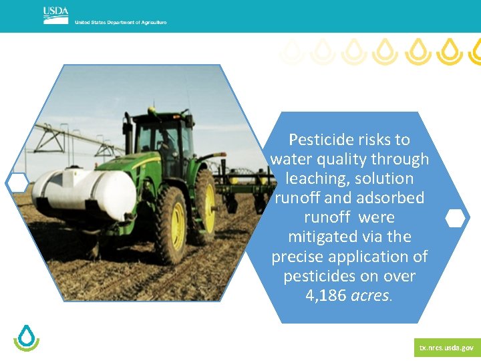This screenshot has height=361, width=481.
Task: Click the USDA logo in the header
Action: (55, 15)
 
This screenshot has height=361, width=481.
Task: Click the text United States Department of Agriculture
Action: (120, 23)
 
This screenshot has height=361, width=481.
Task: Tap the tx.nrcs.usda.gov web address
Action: (446, 348)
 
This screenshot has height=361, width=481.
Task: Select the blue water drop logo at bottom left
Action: (27, 338)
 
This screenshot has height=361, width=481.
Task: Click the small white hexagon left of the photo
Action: (17, 182)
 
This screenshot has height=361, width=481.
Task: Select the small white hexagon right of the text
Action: (455, 219)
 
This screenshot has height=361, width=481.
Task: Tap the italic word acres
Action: (371, 295)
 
